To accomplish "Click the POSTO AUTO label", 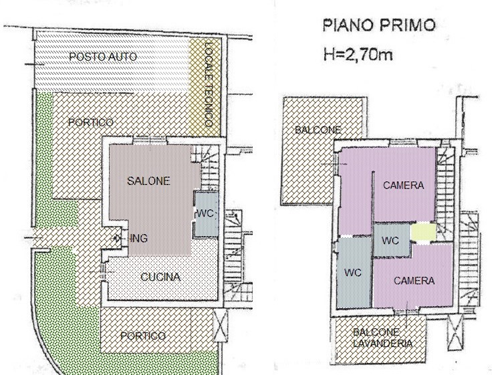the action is [x=103, y=57].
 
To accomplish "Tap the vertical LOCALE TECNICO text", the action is [x=209, y=84].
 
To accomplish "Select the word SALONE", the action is [x=148, y=181].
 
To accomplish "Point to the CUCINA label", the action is [x=160, y=277].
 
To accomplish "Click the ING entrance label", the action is [x=139, y=238].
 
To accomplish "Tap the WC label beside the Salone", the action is [x=205, y=213].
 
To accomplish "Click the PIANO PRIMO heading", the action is [x=379, y=25].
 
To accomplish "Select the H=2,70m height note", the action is [x=358, y=55].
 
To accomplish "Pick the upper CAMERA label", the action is [x=403, y=185].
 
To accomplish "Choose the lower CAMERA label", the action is [x=414, y=281].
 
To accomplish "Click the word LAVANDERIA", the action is [x=382, y=344].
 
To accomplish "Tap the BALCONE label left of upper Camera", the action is [x=318, y=130].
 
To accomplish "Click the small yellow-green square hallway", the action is [x=423, y=232].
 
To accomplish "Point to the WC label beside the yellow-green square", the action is [x=390, y=241].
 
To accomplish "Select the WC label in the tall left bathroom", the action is [x=353, y=273].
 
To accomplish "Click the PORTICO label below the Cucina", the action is [x=143, y=336].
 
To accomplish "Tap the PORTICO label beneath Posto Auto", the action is [x=91, y=122].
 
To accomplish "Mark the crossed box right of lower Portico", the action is [x=221, y=326].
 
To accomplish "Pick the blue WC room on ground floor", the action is [x=207, y=214].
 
